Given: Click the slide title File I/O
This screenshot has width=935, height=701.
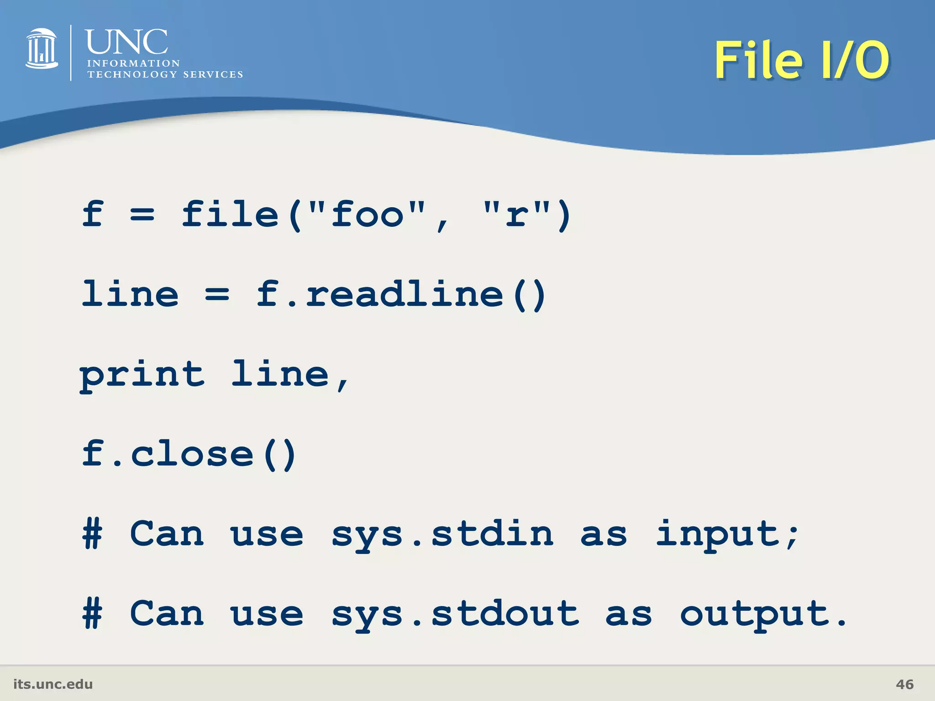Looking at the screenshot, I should click(x=802, y=60).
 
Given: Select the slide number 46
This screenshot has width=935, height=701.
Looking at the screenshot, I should click(x=904, y=684).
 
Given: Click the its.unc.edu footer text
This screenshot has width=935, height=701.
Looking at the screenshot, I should click(x=53, y=684).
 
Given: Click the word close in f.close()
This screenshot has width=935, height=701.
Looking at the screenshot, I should click(x=192, y=454).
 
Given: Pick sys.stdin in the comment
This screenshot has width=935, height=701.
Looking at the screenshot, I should click(x=442, y=534).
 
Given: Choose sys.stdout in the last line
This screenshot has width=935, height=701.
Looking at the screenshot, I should click(x=455, y=614).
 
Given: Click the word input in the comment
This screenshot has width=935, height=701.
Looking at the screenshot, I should click(x=717, y=534).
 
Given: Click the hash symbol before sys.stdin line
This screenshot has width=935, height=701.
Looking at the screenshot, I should click(x=92, y=534).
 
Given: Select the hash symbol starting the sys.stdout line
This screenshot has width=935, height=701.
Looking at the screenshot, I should click(x=92, y=614).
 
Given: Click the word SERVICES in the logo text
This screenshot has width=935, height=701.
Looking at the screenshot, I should click(x=213, y=74).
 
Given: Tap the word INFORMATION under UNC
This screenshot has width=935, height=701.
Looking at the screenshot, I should click(x=133, y=63).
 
